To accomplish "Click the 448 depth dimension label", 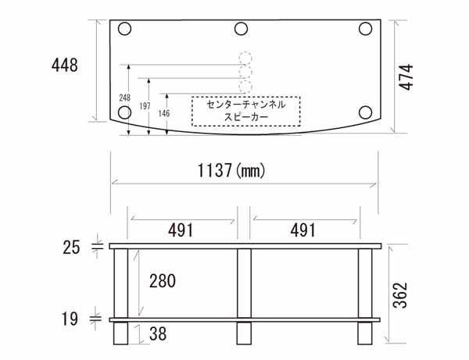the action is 65,65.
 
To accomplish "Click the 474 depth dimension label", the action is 406,77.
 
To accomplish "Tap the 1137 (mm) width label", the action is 231,170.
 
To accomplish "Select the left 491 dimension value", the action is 181,230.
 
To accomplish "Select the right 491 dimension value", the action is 303,230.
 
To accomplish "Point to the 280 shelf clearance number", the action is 163,281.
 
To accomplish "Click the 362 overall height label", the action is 400,295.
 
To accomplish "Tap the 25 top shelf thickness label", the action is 71,248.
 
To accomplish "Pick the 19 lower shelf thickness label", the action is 70,319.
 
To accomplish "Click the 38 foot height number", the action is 158,333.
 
